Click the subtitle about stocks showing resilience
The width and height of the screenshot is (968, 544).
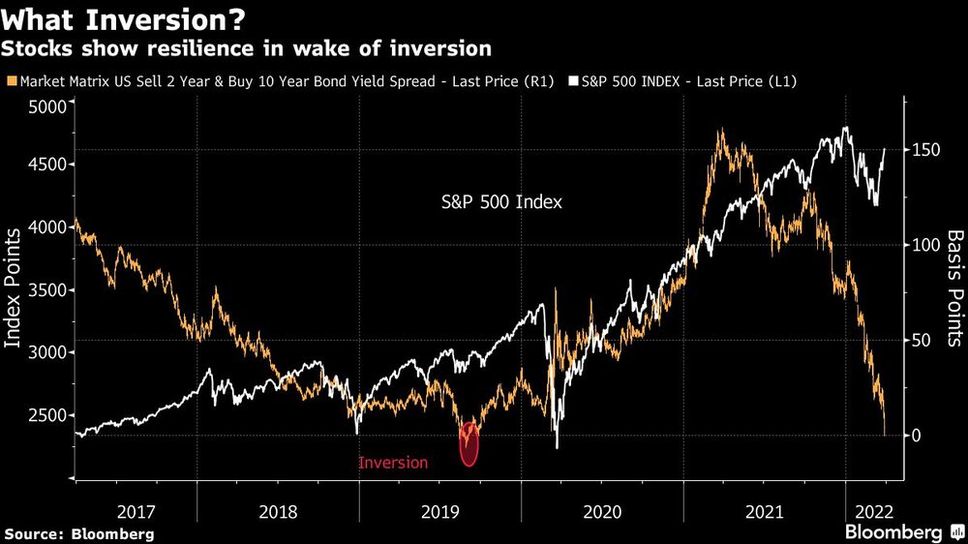tap(248, 47)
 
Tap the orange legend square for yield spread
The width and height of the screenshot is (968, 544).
tap(10, 82)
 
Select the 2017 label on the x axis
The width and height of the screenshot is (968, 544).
tap(136, 510)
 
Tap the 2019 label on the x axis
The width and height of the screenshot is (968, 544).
tap(440, 510)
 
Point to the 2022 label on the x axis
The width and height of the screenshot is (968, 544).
tap(870, 510)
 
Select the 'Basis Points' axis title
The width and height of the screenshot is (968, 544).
tap(953, 287)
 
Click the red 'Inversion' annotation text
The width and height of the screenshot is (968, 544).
tap(393, 463)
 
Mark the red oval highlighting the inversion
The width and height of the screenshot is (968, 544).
tap(469, 443)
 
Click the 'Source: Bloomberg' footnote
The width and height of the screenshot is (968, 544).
tap(79, 533)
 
